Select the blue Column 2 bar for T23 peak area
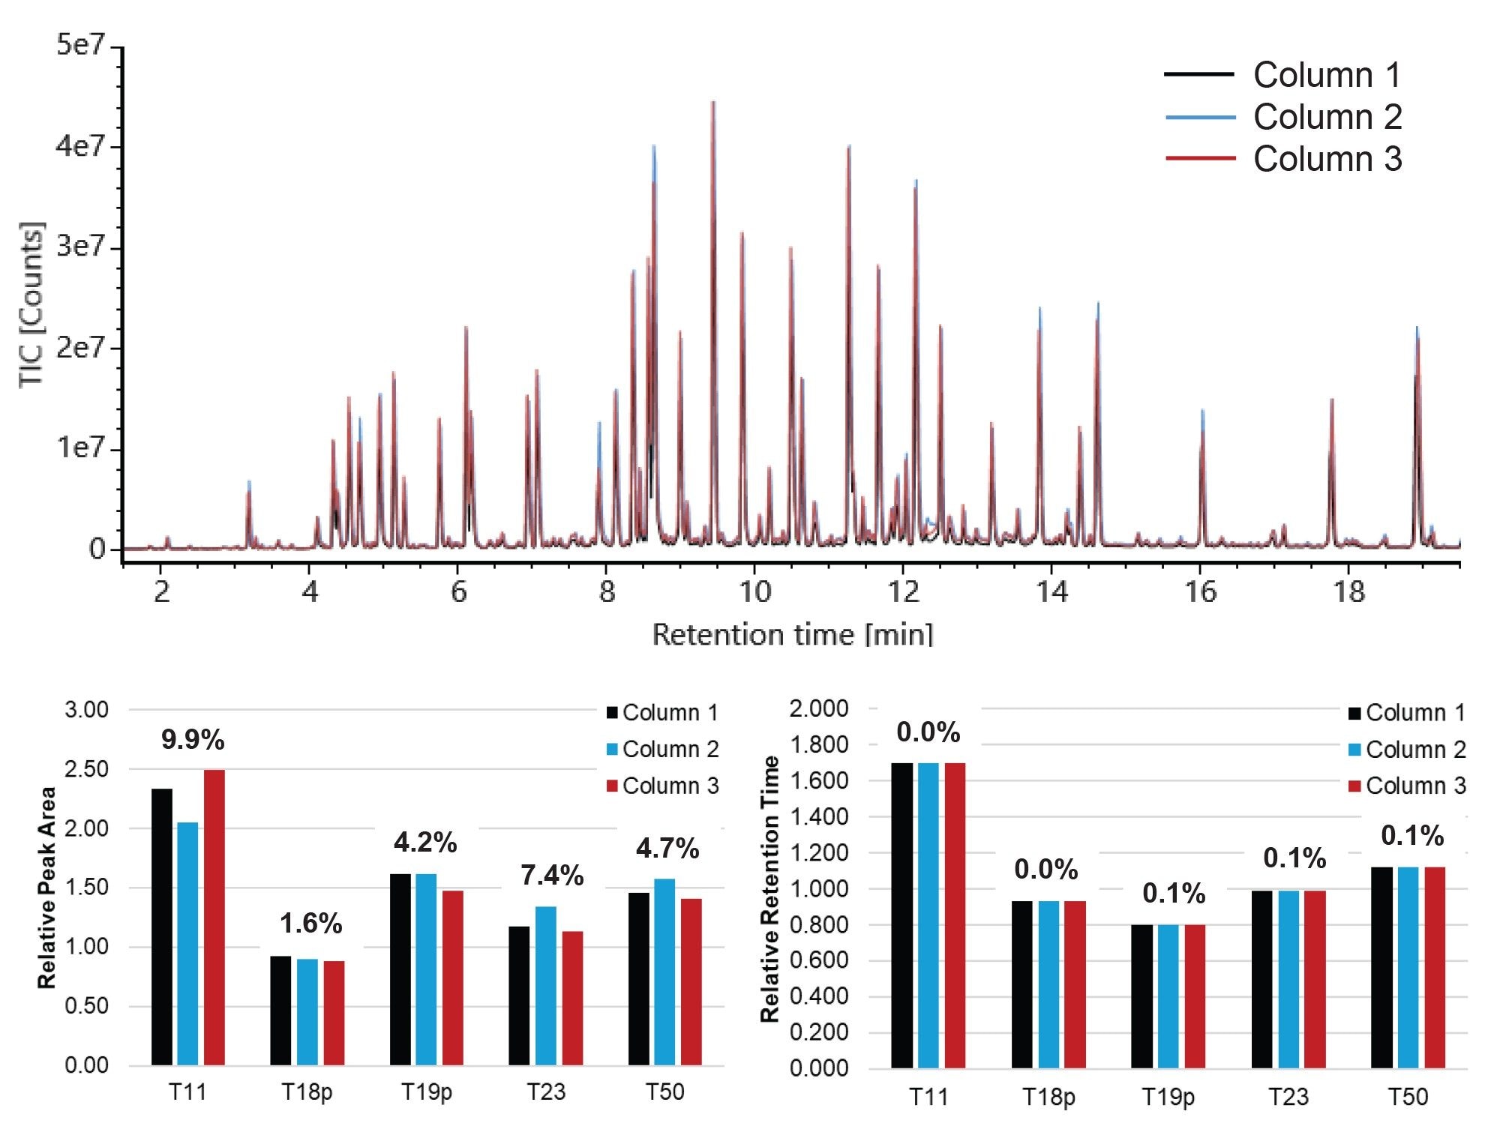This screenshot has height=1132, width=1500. (x=545, y=985)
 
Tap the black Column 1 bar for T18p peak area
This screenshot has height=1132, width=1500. (x=280, y=1010)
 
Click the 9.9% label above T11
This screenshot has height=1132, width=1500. (x=193, y=741)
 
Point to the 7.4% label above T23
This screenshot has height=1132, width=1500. (x=552, y=876)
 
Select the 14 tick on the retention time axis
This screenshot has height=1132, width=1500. (x=1051, y=592)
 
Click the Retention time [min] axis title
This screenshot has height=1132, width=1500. (x=792, y=634)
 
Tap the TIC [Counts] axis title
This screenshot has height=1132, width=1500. (x=31, y=304)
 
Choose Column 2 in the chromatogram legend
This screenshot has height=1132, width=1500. (x=1326, y=117)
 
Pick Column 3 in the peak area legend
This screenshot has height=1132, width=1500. (x=670, y=786)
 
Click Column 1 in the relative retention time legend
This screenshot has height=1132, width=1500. (x=1414, y=712)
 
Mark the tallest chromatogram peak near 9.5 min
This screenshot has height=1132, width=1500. (x=712, y=103)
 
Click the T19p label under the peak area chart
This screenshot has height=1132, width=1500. (x=426, y=1092)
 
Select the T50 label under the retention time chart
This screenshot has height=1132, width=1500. (x=1407, y=1097)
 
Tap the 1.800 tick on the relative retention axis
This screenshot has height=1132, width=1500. (x=818, y=744)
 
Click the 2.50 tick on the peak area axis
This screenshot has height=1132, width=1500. (x=86, y=769)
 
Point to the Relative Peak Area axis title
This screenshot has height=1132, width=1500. (x=46, y=888)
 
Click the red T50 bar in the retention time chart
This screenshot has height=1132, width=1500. (x=1434, y=967)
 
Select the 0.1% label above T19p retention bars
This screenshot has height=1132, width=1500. (x=1174, y=894)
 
